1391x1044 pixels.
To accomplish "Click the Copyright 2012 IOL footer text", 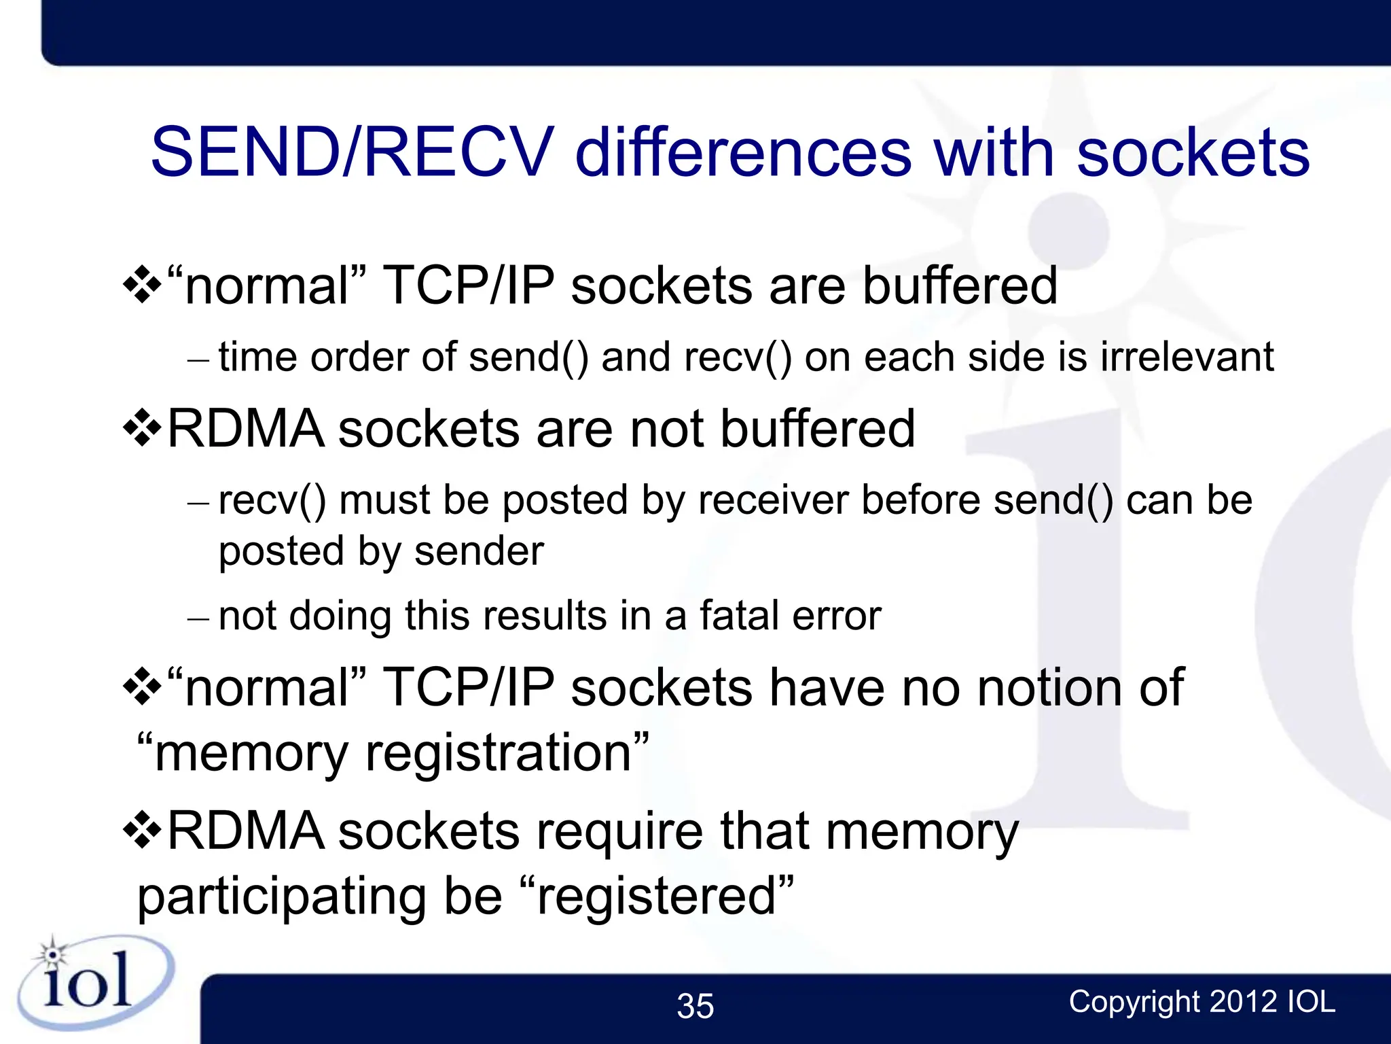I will click(x=1202, y=1002).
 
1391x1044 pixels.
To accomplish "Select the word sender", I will click(x=479, y=551).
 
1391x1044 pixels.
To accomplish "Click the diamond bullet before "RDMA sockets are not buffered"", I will click(x=142, y=428).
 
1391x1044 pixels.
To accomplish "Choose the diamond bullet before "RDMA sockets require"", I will click(x=142, y=830).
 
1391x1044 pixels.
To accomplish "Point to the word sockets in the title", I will click(x=1193, y=152).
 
